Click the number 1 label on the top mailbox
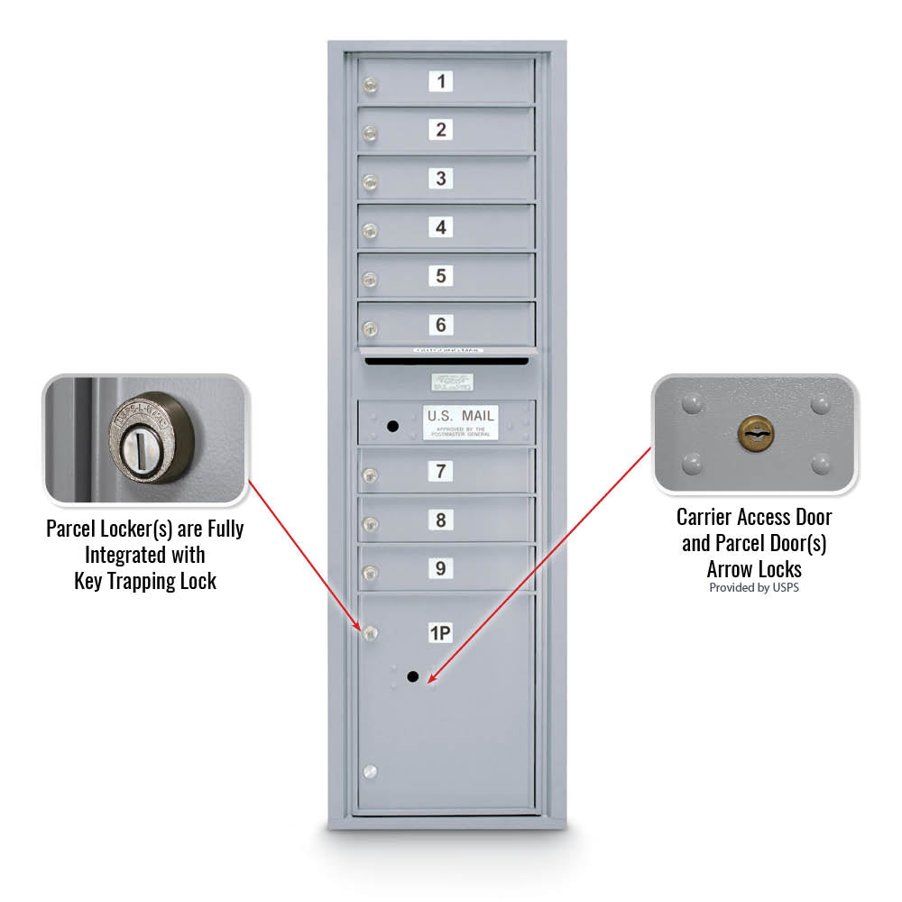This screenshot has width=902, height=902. (440, 82)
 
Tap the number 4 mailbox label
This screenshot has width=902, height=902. (440, 227)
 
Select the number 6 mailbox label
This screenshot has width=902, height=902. (440, 325)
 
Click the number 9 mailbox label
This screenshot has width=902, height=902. (440, 568)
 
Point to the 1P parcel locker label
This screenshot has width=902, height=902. (439, 634)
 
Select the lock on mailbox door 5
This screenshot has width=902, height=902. (369, 281)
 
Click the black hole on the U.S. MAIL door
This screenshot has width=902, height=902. (391, 425)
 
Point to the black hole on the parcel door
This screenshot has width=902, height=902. (412, 676)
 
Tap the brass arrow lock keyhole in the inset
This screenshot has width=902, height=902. (756, 435)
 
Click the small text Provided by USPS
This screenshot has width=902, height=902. (754, 588)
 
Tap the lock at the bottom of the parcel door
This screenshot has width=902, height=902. (369, 772)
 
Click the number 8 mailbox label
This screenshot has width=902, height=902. (440, 520)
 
